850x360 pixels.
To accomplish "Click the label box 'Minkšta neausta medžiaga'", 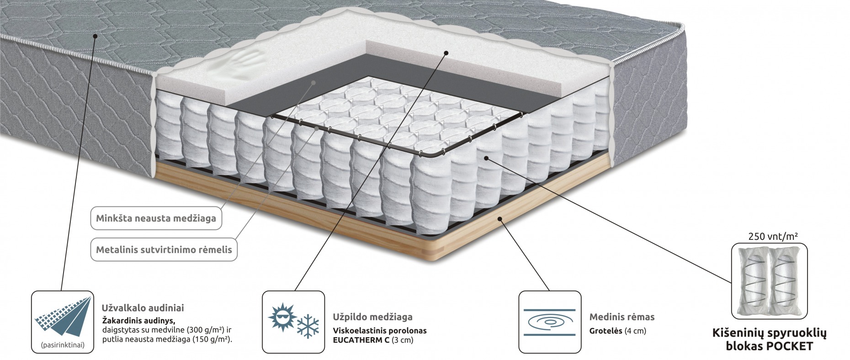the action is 156,218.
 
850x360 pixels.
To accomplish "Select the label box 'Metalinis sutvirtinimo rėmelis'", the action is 164,250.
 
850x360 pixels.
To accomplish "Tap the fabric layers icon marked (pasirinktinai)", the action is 63,322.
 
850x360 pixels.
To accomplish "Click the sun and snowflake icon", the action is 293,322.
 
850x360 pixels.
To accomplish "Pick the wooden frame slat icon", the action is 550,322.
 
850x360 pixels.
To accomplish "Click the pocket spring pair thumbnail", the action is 769,281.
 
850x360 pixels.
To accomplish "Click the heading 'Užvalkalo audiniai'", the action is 143,308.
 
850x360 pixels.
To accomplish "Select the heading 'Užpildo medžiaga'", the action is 372,317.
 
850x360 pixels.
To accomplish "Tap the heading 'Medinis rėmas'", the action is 622,317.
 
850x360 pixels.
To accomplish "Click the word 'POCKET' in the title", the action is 791,346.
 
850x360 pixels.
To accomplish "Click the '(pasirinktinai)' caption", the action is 63,345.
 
